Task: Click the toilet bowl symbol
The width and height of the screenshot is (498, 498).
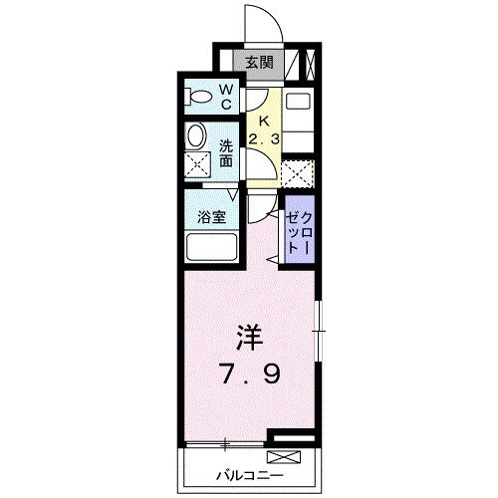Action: coord(198,98)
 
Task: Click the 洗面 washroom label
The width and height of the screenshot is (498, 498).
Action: coord(226,151)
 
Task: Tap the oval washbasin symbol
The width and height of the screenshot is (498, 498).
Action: coord(196,137)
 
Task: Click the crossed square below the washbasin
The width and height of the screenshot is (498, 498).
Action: coord(197,167)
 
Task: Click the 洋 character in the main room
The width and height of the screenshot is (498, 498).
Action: coord(249,338)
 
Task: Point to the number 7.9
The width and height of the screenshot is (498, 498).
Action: coord(250,375)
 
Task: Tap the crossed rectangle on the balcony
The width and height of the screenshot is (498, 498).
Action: coord(283,458)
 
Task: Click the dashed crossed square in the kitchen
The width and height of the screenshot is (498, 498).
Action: coord(297,171)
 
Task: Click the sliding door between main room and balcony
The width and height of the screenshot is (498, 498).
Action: coord(225,440)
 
